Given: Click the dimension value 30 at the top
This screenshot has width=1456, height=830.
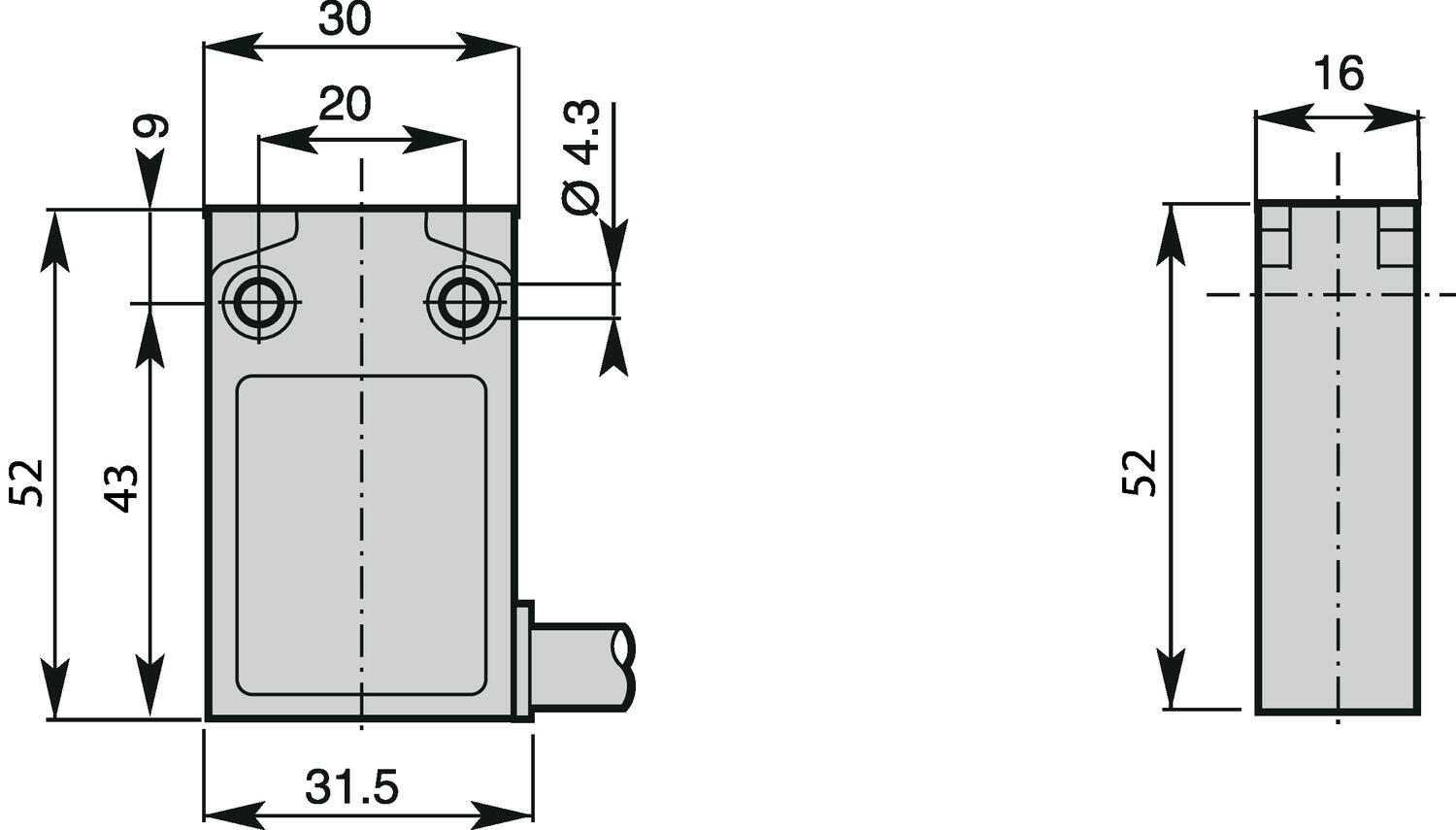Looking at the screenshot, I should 345,19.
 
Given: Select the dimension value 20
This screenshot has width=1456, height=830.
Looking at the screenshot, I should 345,105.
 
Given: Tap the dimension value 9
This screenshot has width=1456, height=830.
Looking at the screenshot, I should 151,127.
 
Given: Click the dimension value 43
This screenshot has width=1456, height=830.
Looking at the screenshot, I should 122,488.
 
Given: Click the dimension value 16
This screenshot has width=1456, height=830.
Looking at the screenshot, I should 1338,74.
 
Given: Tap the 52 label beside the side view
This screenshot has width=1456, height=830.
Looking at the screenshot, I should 1141,473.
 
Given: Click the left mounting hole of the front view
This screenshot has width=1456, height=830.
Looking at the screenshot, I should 259,302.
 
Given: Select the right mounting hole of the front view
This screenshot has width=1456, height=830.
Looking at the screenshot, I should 465,302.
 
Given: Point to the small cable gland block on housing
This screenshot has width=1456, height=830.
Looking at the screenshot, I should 523,660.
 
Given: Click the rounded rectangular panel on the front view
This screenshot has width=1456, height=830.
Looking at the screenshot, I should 361,535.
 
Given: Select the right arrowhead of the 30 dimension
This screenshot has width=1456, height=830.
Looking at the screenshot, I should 490,47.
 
